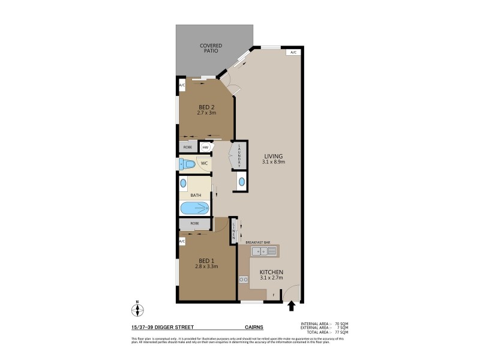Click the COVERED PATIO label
[x=211, y=49]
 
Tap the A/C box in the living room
[x=293, y=53]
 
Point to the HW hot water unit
[x=205, y=147]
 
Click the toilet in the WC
[x=188, y=163]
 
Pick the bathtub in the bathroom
[x=195, y=208]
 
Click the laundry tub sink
[x=242, y=181]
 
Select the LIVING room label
[x=272, y=156]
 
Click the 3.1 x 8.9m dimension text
[x=273, y=162]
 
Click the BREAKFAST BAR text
[x=258, y=242]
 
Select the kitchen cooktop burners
[x=244, y=279]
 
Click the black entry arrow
[x=292, y=307]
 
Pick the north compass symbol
[x=137, y=310]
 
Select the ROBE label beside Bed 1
[x=194, y=223]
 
